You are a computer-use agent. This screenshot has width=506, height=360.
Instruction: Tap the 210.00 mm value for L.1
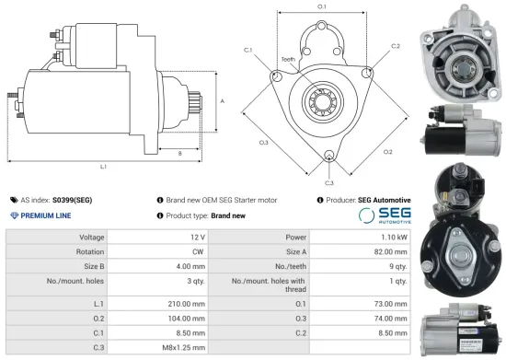[187, 303]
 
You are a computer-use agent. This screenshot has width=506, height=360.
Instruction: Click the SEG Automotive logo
[384, 215]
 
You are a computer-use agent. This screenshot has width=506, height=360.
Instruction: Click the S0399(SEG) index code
[72, 199]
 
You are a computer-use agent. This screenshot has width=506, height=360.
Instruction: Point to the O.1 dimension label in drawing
[321, 7]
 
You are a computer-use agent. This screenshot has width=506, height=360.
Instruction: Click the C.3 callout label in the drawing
[329, 168]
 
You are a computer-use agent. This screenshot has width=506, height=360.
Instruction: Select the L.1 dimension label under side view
[103, 167]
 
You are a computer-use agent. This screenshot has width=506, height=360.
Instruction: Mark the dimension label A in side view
[221, 100]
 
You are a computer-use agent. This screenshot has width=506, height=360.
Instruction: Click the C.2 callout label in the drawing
[395, 45]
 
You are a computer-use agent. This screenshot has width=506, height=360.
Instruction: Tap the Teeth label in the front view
[288, 59]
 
